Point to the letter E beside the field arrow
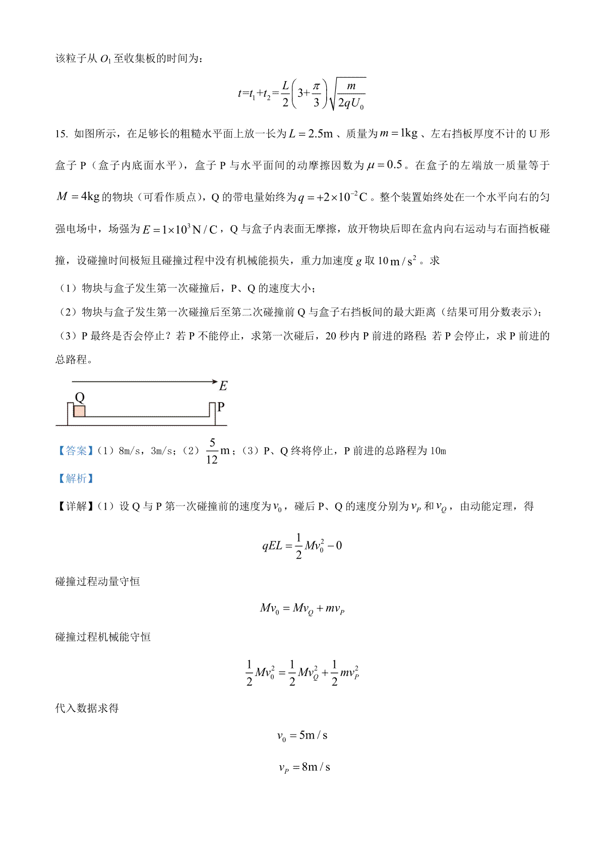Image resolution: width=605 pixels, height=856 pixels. (223, 386)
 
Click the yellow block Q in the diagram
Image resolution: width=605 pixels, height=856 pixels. (79, 411)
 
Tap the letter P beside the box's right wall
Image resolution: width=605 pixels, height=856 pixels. (221, 407)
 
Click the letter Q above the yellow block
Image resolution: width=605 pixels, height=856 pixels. (79, 397)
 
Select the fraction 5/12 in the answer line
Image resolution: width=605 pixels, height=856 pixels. (212, 451)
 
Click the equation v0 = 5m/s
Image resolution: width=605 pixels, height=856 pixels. (302, 736)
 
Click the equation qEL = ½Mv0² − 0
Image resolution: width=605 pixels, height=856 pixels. (302, 546)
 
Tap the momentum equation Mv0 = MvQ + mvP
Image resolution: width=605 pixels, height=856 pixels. (302, 608)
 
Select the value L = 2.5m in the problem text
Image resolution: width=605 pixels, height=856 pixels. (311, 134)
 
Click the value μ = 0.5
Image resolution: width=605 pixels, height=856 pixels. (385, 165)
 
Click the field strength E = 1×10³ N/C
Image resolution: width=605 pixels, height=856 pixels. (180, 229)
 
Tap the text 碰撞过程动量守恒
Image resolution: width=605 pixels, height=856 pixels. (97, 581)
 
